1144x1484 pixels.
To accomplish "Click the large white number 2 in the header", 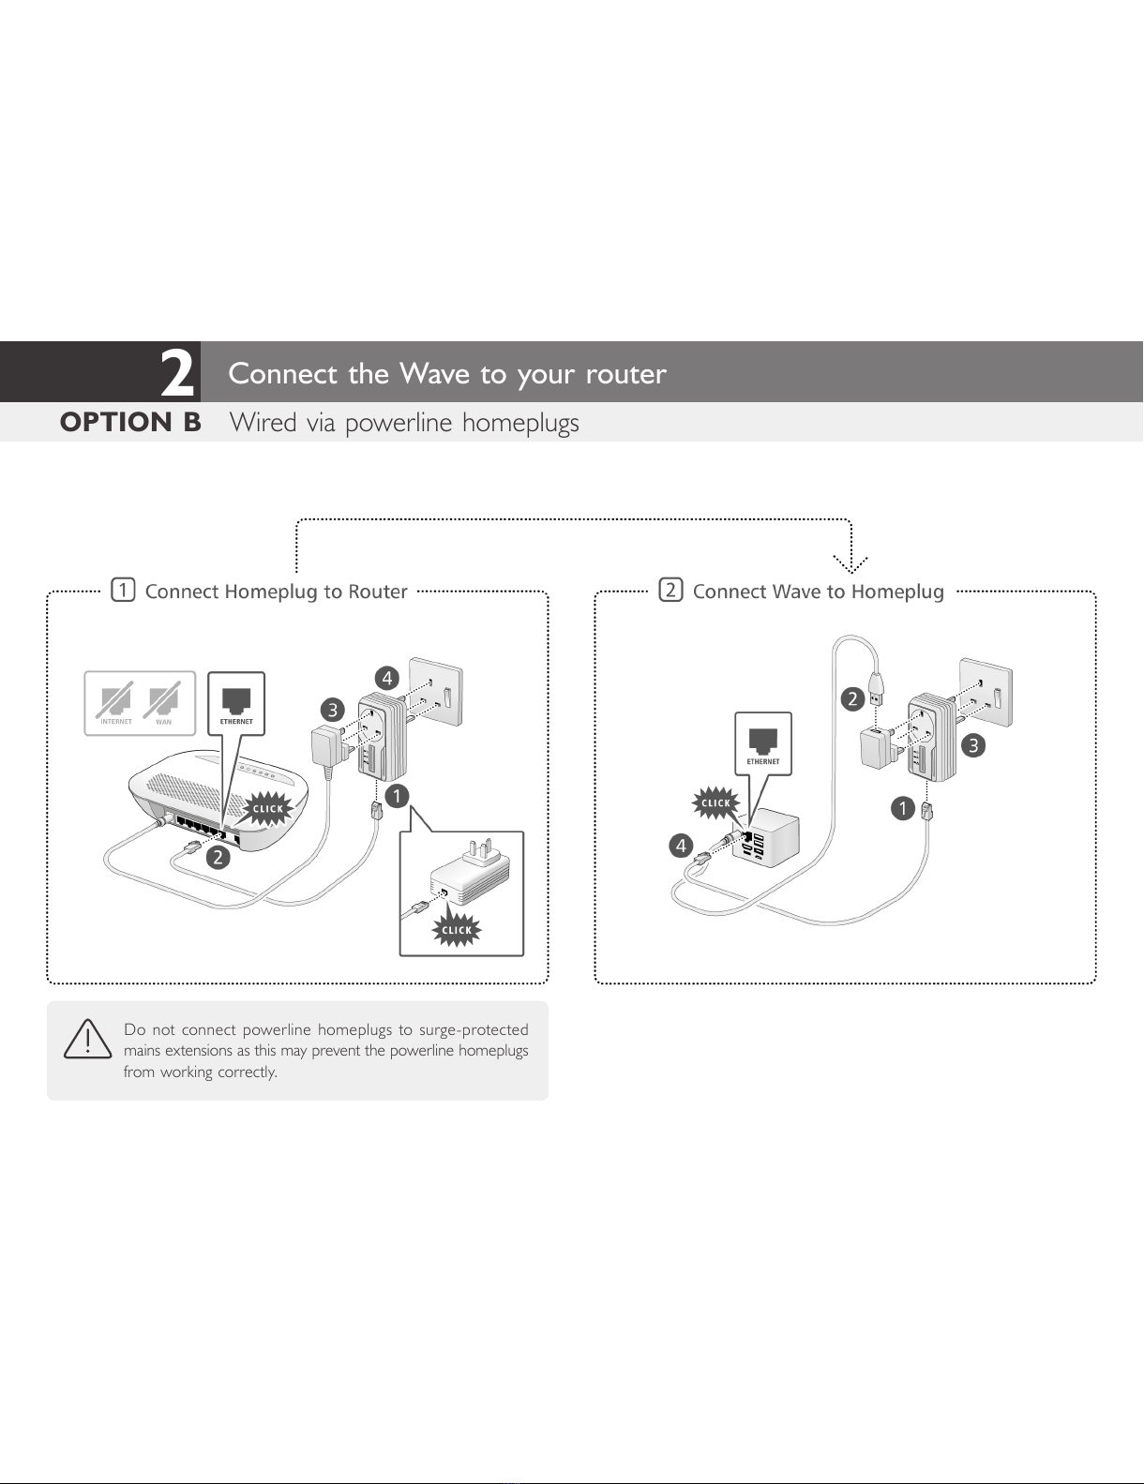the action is [177, 373].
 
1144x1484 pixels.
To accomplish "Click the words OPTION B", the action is [130, 423].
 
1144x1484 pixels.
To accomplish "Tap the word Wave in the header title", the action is [434, 373].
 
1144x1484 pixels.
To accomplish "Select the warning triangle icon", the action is [87, 1040].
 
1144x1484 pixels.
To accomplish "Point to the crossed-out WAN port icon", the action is [163, 703].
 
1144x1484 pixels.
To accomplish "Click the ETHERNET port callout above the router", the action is [236, 703].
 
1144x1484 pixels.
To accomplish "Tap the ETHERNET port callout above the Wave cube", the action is [763, 743].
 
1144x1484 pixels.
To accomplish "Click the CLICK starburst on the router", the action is [267, 808].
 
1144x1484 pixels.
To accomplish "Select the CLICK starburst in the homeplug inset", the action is [457, 930].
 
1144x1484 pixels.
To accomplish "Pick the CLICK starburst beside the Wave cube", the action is [715, 802].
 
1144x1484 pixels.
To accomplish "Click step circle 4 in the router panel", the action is [386, 677].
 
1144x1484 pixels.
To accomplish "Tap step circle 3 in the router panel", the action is [332, 710].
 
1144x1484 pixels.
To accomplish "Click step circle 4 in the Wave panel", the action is [682, 846].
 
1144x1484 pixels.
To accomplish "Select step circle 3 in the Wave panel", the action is [974, 745].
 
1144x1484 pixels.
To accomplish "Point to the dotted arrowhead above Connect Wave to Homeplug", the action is [850, 563].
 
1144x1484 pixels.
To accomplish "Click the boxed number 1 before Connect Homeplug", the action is [123, 591].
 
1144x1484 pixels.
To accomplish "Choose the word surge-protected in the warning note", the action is [474, 1029].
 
